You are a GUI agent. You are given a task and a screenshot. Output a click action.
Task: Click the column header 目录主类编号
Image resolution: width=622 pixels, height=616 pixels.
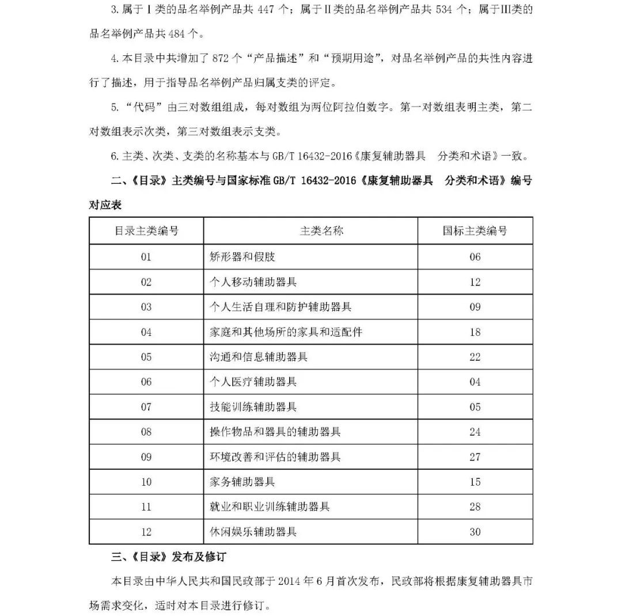[x=146, y=231]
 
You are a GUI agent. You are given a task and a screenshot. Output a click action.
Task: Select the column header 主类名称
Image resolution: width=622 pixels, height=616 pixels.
[x=321, y=231]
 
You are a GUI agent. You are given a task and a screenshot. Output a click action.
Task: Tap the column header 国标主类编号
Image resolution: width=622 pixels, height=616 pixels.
[x=475, y=231]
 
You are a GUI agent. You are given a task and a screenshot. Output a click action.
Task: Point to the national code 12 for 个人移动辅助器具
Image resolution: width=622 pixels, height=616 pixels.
[x=475, y=282]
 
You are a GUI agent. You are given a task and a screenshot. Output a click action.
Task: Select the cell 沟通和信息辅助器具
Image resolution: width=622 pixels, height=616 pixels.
[x=259, y=357]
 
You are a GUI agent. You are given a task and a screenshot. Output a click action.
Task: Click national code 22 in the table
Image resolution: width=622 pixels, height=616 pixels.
[x=475, y=357]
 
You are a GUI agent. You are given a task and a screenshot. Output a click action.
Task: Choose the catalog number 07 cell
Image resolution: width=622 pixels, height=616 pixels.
[x=146, y=407]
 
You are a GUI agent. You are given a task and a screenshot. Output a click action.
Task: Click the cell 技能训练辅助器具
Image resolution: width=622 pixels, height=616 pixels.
[x=253, y=407]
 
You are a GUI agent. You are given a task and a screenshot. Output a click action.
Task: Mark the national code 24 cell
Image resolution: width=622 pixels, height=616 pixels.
[x=475, y=432]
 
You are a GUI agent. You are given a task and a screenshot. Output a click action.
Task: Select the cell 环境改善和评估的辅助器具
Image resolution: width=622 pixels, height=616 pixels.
[x=275, y=457]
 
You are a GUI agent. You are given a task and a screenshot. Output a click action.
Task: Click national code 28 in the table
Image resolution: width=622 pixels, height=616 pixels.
[x=475, y=507]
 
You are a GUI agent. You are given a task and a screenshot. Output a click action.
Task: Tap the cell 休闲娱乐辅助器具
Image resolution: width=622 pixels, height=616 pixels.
[x=253, y=532]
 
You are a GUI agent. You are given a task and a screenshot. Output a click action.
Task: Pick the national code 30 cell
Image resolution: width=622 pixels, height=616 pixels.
[x=475, y=532]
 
